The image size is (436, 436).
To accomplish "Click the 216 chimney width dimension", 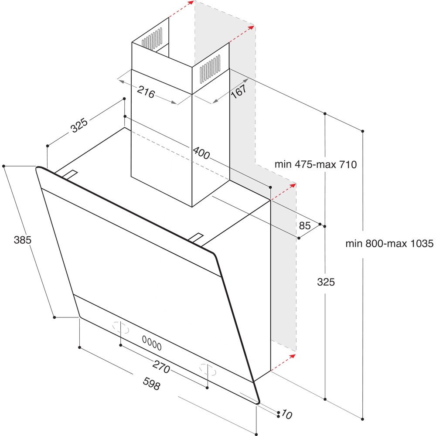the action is [x=146, y=92].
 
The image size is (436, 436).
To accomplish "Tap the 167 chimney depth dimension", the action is [x=238, y=91].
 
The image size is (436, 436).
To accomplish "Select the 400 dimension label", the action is [x=201, y=153].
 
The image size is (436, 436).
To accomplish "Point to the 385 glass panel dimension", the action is [x=23, y=240].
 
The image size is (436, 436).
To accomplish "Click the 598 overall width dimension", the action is [x=152, y=384].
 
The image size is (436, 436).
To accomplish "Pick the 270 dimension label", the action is [x=161, y=367].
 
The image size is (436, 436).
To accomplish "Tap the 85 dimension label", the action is [x=305, y=225].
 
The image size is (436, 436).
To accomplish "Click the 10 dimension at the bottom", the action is [x=286, y=414].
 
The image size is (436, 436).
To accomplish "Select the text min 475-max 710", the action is [x=316, y=164].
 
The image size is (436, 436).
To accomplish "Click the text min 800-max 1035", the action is [x=389, y=244].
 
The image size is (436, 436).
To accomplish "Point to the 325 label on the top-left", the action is [x=79, y=126].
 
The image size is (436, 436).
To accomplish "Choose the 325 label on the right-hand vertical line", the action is [x=326, y=282].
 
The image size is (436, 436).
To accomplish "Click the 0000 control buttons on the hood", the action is [x=152, y=343].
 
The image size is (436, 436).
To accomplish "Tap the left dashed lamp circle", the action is [x=121, y=327].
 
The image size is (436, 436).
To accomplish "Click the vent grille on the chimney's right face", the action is [x=210, y=69].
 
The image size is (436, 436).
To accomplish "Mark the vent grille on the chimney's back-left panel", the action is [x=152, y=39].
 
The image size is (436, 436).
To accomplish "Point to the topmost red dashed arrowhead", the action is [x=191, y=3].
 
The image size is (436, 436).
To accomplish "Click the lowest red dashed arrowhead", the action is [x=292, y=356].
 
